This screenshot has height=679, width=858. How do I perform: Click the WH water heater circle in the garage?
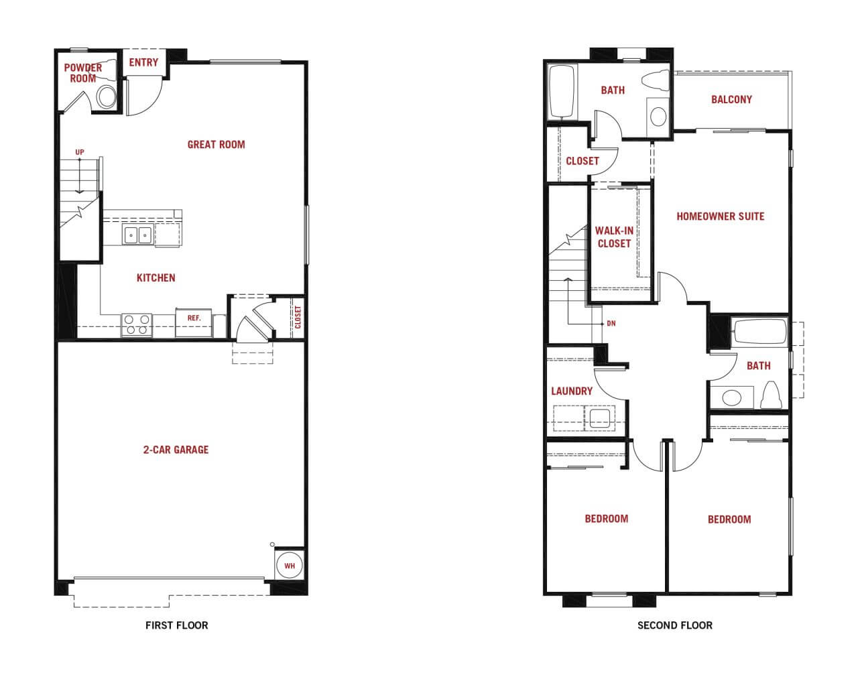point(290,565)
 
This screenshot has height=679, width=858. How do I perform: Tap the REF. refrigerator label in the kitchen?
point(194,318)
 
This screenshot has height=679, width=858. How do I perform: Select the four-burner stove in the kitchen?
point(136,325)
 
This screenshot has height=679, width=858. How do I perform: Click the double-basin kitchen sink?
point(138,235)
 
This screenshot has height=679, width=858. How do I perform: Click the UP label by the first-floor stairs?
point(80,152)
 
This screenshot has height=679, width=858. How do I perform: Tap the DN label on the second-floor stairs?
point(611,323)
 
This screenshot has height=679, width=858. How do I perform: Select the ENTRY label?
point(143,62)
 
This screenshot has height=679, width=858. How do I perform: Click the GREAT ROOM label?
point(216,144)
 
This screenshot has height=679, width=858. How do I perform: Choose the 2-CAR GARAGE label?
point(176,450)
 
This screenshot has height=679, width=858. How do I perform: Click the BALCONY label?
point(731,99)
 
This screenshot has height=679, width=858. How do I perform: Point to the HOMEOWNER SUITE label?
point(721,216)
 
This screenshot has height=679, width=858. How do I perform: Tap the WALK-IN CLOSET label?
point(614,237)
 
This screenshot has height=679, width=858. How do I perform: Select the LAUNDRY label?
point(572,391)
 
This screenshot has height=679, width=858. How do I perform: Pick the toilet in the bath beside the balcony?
point(656,80)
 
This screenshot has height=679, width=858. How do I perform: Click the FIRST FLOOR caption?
point(176,625)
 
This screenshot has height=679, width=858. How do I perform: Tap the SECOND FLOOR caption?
point(675,625)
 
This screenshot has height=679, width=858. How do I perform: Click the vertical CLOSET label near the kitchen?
point(298,317)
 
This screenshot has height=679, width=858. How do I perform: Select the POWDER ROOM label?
point(83,73)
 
